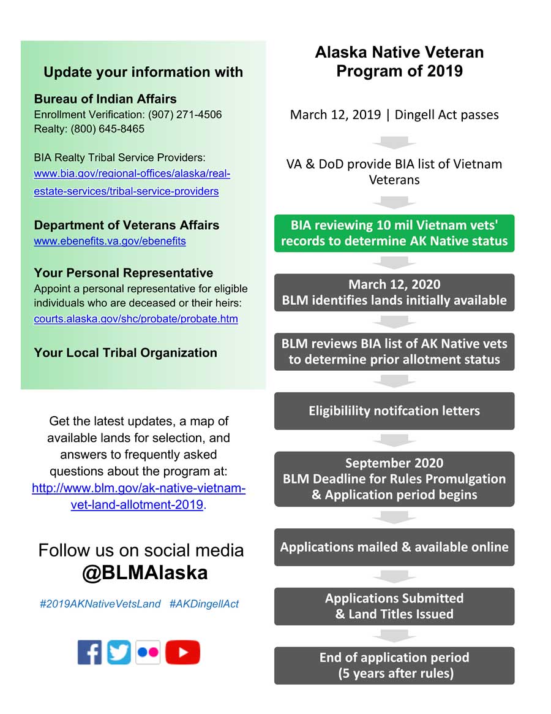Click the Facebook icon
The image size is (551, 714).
pyautogui.click(x=89, y=652)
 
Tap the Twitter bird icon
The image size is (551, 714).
pyautogui.click(x=119, y=652)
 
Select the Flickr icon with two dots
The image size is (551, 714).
pyautogui.click(x=148, y=652)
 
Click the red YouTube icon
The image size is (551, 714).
pyautogui.click(x=182, y=652)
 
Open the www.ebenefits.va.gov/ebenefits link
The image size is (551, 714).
pyautogui.click(x=110, y=241)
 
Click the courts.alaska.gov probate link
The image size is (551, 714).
pyautogui.click(x=136, y=319)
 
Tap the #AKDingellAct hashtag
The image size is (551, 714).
pyautogui.click(x=204, y=604)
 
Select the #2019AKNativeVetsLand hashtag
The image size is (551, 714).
pyautogui.click(x=100, y=604)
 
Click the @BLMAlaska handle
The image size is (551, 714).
pyautogui.click(x=144, y=572)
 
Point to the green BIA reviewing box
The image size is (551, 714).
pyautogui.click(x=394, y=233)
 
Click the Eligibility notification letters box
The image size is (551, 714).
pyautogui.click(x=394, y=411)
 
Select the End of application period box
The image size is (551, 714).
pyautogui.click(x=394, y=665)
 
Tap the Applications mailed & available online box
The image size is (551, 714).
pyautogui.click(x=394, y=547)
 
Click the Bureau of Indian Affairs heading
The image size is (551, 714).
pyautogui.click(x=105, y=99)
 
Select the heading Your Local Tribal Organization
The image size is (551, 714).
pyautogui.click(x=126, y=352)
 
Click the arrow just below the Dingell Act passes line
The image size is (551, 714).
pyautogui.click(x=394, y=143)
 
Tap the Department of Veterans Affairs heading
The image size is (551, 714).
pyautogui.click(x=127, y=225)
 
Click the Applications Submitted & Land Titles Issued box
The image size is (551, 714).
pyautogui.click(x=394, y=606)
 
